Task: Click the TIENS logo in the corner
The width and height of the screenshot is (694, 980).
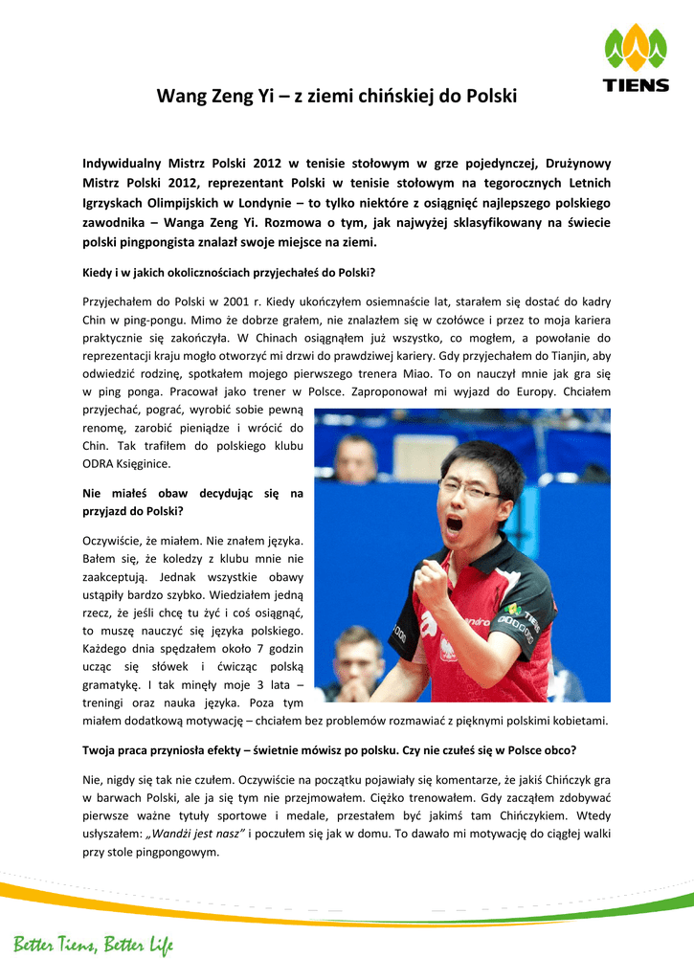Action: [636, 59]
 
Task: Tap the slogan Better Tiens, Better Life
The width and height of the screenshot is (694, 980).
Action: [93, 947]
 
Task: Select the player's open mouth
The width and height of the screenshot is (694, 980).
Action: [455, 525]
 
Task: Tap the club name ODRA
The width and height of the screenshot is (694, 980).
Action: [101, 464]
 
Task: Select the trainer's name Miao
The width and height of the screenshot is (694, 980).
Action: [413, 374]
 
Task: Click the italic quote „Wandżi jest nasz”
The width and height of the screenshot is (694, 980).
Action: [198, 834]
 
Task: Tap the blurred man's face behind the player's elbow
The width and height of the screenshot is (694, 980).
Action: [358, 652]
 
